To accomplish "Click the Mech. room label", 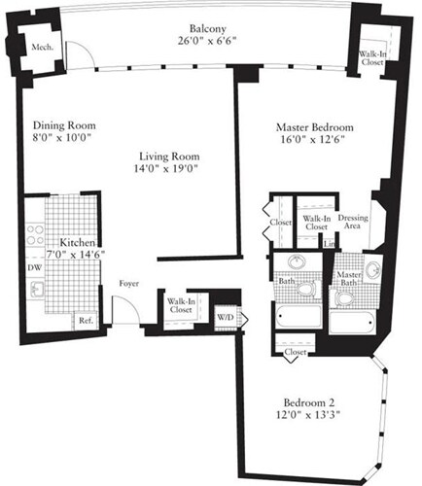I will click(41, 47).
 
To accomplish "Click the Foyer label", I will click(128, 286).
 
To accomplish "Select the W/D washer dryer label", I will click(225, 316).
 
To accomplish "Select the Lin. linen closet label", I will click(330, 242).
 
